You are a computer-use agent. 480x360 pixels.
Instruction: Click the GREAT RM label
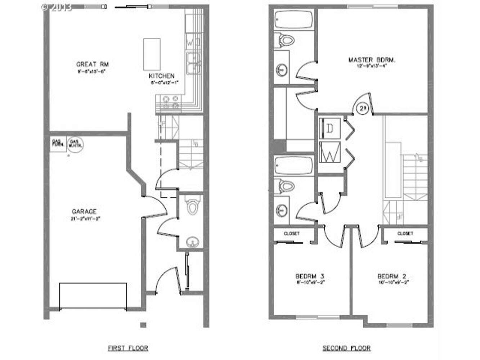click(x=92, y=64)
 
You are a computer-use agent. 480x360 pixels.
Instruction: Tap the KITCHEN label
click(x=162, y=76)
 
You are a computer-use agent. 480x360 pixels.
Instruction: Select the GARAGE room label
click(x=84, y=212)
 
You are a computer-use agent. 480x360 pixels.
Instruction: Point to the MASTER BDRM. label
click(x=372, y=60)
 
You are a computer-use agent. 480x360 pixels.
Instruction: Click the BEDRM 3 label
click(x=310, y=276)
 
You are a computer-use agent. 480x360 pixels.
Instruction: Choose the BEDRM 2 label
click(x=392, y=276)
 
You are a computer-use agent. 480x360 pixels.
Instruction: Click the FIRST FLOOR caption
click(x=128, y=348)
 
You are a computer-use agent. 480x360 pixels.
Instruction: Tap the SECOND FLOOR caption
click(x=346, y=348)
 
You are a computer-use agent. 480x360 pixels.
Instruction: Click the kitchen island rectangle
click(x=152, y=54)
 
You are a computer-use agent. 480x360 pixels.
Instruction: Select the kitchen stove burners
click(x=171, y=102)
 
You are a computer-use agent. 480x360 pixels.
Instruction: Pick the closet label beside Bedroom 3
click(x=292, y=234)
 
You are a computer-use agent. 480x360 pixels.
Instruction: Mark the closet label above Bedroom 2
click(x=405, y=234)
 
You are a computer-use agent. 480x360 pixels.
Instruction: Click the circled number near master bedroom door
click(x=362, y=108)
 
